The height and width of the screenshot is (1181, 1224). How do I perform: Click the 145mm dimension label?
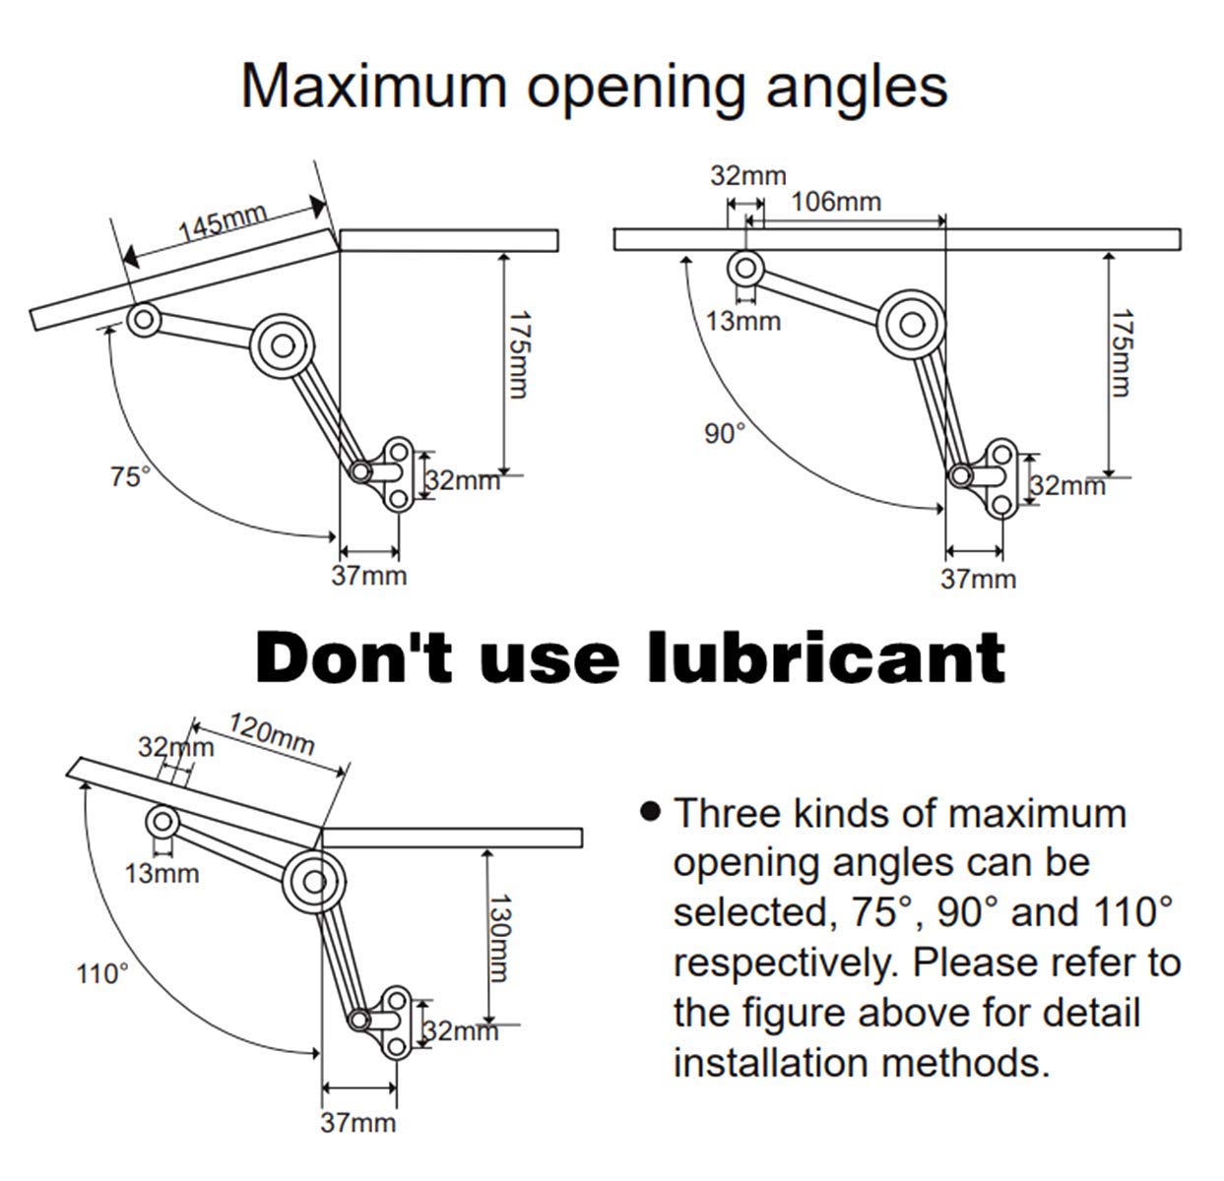[223, 221]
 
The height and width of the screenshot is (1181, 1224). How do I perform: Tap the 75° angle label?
[131, 476]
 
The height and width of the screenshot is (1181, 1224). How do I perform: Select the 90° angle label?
[725, 433]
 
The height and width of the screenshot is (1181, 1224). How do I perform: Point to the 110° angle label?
[102, 973]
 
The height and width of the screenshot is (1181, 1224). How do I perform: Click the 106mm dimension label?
[836, 202]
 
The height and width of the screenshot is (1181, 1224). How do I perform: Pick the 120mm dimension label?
[271, 733]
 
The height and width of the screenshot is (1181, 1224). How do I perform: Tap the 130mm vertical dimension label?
[500, 938]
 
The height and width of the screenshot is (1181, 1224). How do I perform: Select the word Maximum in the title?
[374, 87]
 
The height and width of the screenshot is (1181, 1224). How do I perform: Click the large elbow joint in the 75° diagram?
[283, 345]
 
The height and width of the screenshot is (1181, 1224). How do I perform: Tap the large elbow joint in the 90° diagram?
[911, 325]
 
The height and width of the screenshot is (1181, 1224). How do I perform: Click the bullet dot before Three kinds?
[650, 811]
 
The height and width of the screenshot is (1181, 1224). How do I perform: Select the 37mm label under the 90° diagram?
[978, 579]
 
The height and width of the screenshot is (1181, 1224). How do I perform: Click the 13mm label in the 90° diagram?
[742, 321]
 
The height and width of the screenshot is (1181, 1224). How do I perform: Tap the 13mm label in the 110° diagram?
[161, 874]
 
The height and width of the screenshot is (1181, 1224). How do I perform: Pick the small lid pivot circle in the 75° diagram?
[144, 320]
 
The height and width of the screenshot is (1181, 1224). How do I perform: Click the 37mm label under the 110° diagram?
[357, 1123]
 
